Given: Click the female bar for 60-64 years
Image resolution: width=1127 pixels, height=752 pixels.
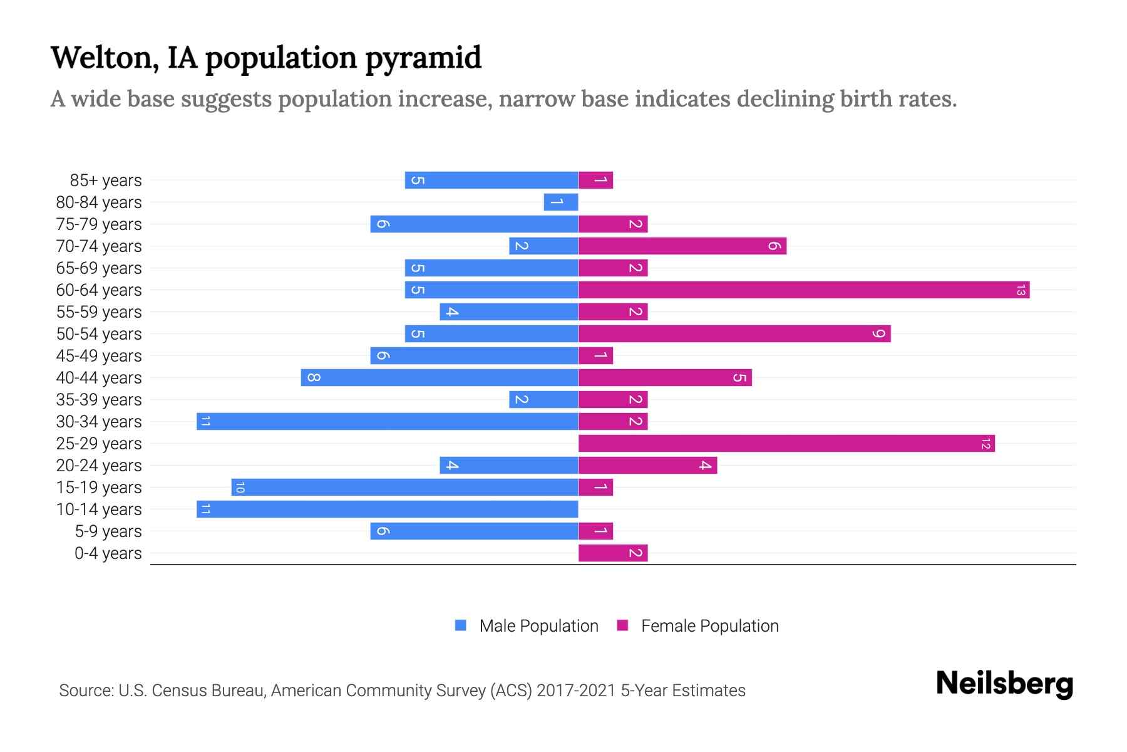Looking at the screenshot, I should point(804,290).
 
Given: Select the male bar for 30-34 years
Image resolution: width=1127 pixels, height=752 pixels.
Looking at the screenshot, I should point(387,421).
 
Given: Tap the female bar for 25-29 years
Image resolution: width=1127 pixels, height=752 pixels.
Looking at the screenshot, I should point(786,443).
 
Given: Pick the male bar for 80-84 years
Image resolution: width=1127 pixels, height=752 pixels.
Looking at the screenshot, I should point(561,202).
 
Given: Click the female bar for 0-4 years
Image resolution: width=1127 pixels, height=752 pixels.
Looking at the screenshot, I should point(613,553).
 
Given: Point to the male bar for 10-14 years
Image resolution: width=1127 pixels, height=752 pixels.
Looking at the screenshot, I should point(387,509).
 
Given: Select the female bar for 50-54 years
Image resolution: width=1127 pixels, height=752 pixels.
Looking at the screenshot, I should point(734,333).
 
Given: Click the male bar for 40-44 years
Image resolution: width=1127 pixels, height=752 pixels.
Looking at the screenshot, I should point(440,377).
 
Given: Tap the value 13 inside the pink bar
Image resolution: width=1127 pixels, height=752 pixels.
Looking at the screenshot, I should point(1021,290).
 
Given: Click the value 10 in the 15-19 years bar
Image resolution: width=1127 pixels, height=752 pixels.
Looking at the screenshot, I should point(240,488).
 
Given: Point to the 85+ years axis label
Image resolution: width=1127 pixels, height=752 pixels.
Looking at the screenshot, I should point(105,180).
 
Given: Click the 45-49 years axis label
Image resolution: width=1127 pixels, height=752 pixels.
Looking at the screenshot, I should point(99,356).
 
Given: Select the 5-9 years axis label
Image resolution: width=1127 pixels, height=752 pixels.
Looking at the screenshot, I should point(108,531).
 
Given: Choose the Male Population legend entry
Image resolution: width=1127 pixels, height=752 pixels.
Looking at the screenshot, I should point(538,625).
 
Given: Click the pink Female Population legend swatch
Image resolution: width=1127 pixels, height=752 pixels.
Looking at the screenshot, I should point(622,625).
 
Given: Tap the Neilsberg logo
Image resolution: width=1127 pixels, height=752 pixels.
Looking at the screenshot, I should point(1004,684).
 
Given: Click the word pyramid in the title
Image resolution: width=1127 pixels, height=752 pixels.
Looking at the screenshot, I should point(423,58).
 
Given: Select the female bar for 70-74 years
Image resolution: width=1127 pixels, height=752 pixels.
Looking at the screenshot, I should point(682,246).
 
